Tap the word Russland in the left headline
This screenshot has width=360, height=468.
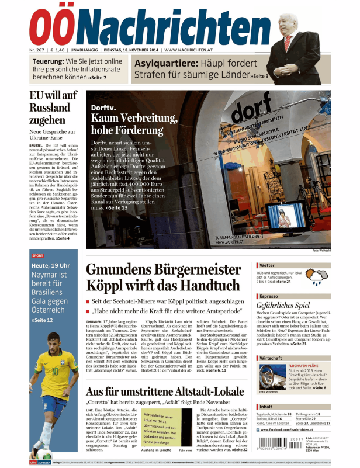[50, 108]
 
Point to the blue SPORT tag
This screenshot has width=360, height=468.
[37, 255]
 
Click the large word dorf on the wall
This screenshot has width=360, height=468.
[252, 110]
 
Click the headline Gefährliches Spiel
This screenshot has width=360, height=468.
[285, 306]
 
